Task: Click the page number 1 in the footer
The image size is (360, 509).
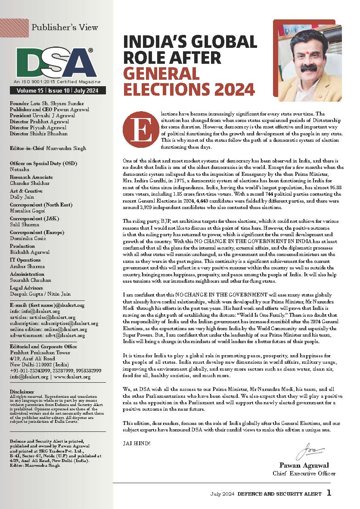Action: coord(329,493)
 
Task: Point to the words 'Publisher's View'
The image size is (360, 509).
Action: coord(65,27)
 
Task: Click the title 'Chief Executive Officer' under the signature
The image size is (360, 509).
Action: coord(304,473)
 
